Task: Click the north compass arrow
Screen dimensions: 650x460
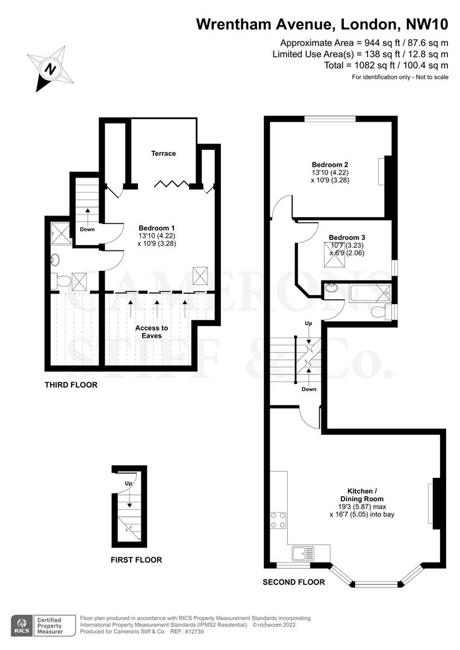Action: [51, 68]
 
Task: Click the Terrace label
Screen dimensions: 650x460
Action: [163, 153]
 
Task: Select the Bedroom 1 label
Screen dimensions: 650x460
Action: [157, 227]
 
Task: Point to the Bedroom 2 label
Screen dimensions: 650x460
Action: [330, 164]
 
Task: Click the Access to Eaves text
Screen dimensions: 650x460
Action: [152, 332]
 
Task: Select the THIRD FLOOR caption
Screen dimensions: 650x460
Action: [71, 385]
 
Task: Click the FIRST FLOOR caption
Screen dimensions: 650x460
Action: [136, 560]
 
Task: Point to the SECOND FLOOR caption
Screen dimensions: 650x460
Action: [294, 582]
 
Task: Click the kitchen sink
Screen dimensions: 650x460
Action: [299, 552]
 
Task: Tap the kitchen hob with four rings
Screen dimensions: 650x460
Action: [278, 520]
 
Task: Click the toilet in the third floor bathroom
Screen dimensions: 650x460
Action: [60, 281]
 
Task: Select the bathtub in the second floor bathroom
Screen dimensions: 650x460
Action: [368, 294]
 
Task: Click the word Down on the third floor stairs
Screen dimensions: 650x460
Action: [87, 229]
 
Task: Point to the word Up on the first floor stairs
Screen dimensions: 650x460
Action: [128, 483]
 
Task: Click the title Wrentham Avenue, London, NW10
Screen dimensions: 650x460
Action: [322, 25]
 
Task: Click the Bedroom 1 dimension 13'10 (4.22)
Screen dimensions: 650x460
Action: [157, 236]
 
